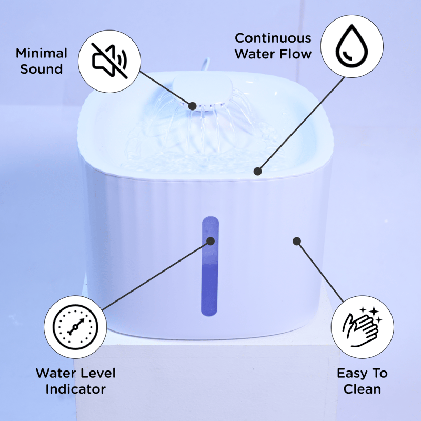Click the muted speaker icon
pos(109,61)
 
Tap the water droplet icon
pos(352,46)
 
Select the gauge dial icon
pos(75,327)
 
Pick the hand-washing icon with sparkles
pos(362,326)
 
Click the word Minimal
pos(42,53)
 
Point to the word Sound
pos(42,69)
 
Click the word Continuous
pos(273,38)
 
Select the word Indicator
pos(75,389)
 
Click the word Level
pos(98,373)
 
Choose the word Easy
pos(352,373)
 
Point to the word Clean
pos(362,389)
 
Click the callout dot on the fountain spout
pos(192,106)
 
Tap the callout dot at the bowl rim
pos(257,171)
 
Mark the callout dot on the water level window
pos(210,241)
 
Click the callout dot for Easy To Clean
pos(296,241)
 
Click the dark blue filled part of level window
pos(209,289)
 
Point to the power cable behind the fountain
pos(206,64)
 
